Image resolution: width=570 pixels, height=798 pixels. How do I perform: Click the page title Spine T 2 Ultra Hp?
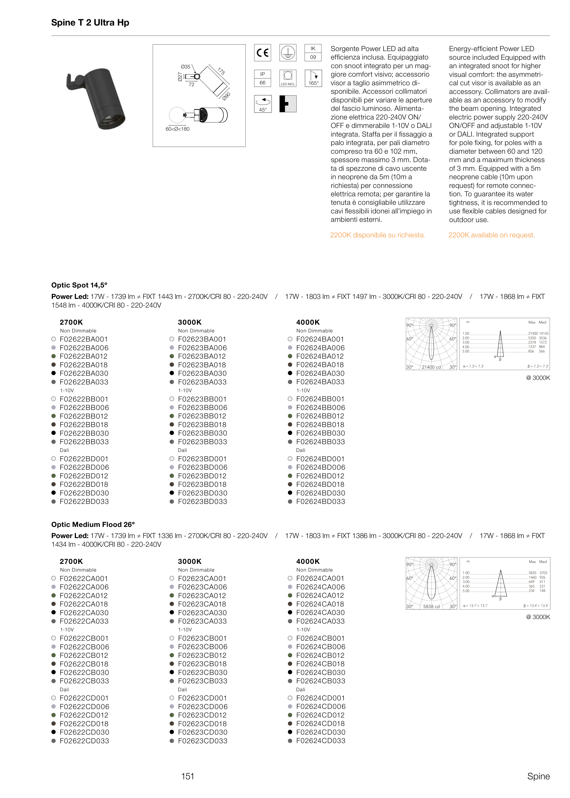pos(90,23)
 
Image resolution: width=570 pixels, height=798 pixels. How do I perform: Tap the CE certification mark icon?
pos(262,53)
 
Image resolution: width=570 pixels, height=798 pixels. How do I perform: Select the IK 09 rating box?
pos(313,53)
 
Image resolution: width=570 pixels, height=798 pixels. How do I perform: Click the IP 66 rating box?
pos(262,78)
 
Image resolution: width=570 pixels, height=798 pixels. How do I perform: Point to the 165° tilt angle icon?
pos(313,78)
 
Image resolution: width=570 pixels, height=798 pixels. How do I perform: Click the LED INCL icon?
pos(288,78)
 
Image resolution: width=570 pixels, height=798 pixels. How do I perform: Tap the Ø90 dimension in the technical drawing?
pos(226,96)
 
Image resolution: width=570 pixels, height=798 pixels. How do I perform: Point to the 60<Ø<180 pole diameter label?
pos(178,129)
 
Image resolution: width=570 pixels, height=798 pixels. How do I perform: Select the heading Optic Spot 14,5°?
pos(79,285)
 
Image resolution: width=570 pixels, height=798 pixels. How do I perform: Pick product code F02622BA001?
pos(83,339)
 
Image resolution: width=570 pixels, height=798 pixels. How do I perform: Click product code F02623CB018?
pos(202,664)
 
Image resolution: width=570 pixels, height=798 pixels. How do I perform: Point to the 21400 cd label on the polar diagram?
pos(431,367)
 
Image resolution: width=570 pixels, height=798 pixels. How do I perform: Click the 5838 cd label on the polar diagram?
pos(431,607)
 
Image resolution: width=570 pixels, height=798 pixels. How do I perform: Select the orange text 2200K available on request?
pos(491,235)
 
